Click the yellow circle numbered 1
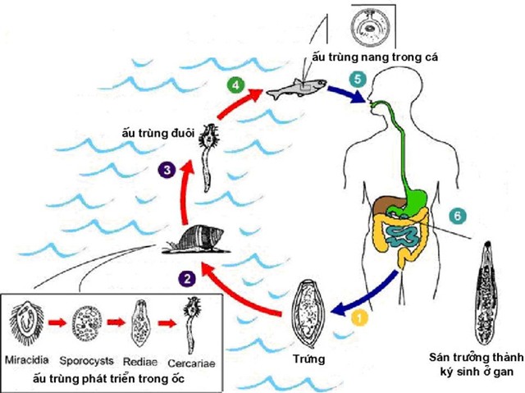(x=359, y=313)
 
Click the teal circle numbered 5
(x=356, y=80)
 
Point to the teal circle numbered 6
(x=459, y=215)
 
